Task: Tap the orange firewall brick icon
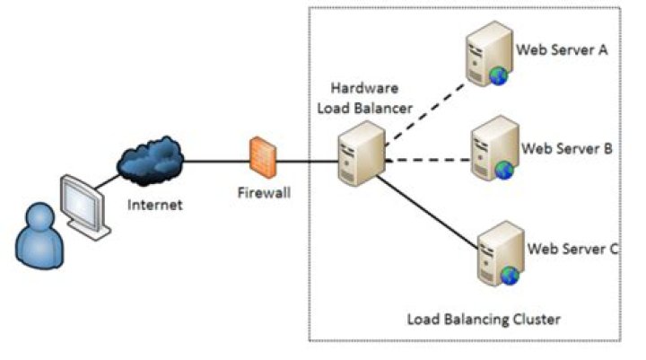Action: (263, 158)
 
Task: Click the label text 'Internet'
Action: (155, 205)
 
